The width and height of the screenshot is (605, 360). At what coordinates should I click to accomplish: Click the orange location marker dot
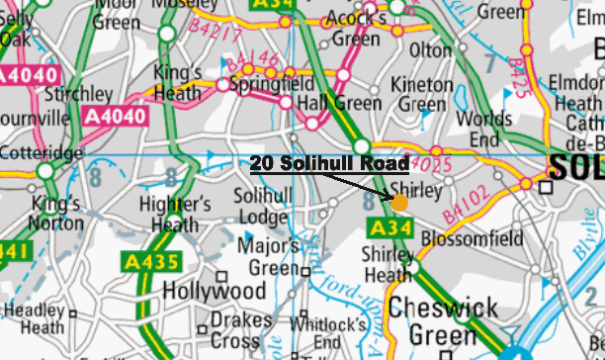click(399, 202)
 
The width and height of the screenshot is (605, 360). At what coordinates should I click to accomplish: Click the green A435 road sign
click(151, 262)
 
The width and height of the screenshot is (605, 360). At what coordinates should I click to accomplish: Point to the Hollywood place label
click(214, 292)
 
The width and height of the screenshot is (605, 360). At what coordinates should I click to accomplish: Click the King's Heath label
click(178, 83)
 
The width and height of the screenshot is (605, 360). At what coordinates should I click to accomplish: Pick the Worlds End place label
click(485, 129)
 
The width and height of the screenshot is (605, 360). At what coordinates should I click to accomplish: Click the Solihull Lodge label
click(261, 205)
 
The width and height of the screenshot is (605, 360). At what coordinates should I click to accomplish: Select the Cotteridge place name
click(41, 153)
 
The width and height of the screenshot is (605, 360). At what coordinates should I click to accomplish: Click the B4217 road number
click(211, 36)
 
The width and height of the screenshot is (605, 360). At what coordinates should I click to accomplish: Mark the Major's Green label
click(274, 255)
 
